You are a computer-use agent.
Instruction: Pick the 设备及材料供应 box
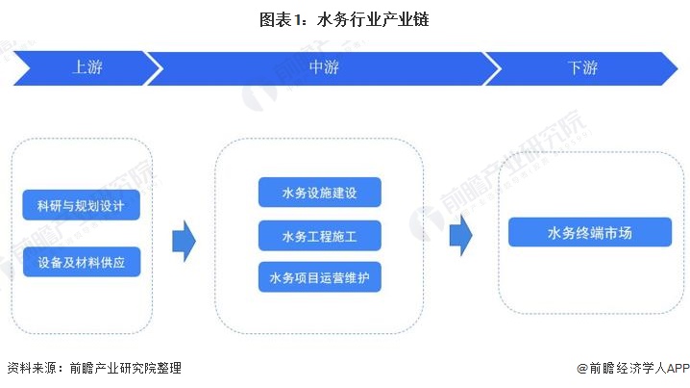click(82, 262)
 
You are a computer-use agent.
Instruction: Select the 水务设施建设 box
click(319, 192)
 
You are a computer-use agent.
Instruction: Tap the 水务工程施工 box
click(319, 235)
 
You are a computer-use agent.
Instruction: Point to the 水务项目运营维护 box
click(319, 277)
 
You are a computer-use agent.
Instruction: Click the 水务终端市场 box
click(589, 232)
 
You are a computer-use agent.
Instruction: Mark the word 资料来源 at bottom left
click(30, 368)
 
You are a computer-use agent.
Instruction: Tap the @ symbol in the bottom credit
click(581, 368)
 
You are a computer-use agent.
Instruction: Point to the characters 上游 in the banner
click(87, 68)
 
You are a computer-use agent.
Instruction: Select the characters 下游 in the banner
click(582, 68)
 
